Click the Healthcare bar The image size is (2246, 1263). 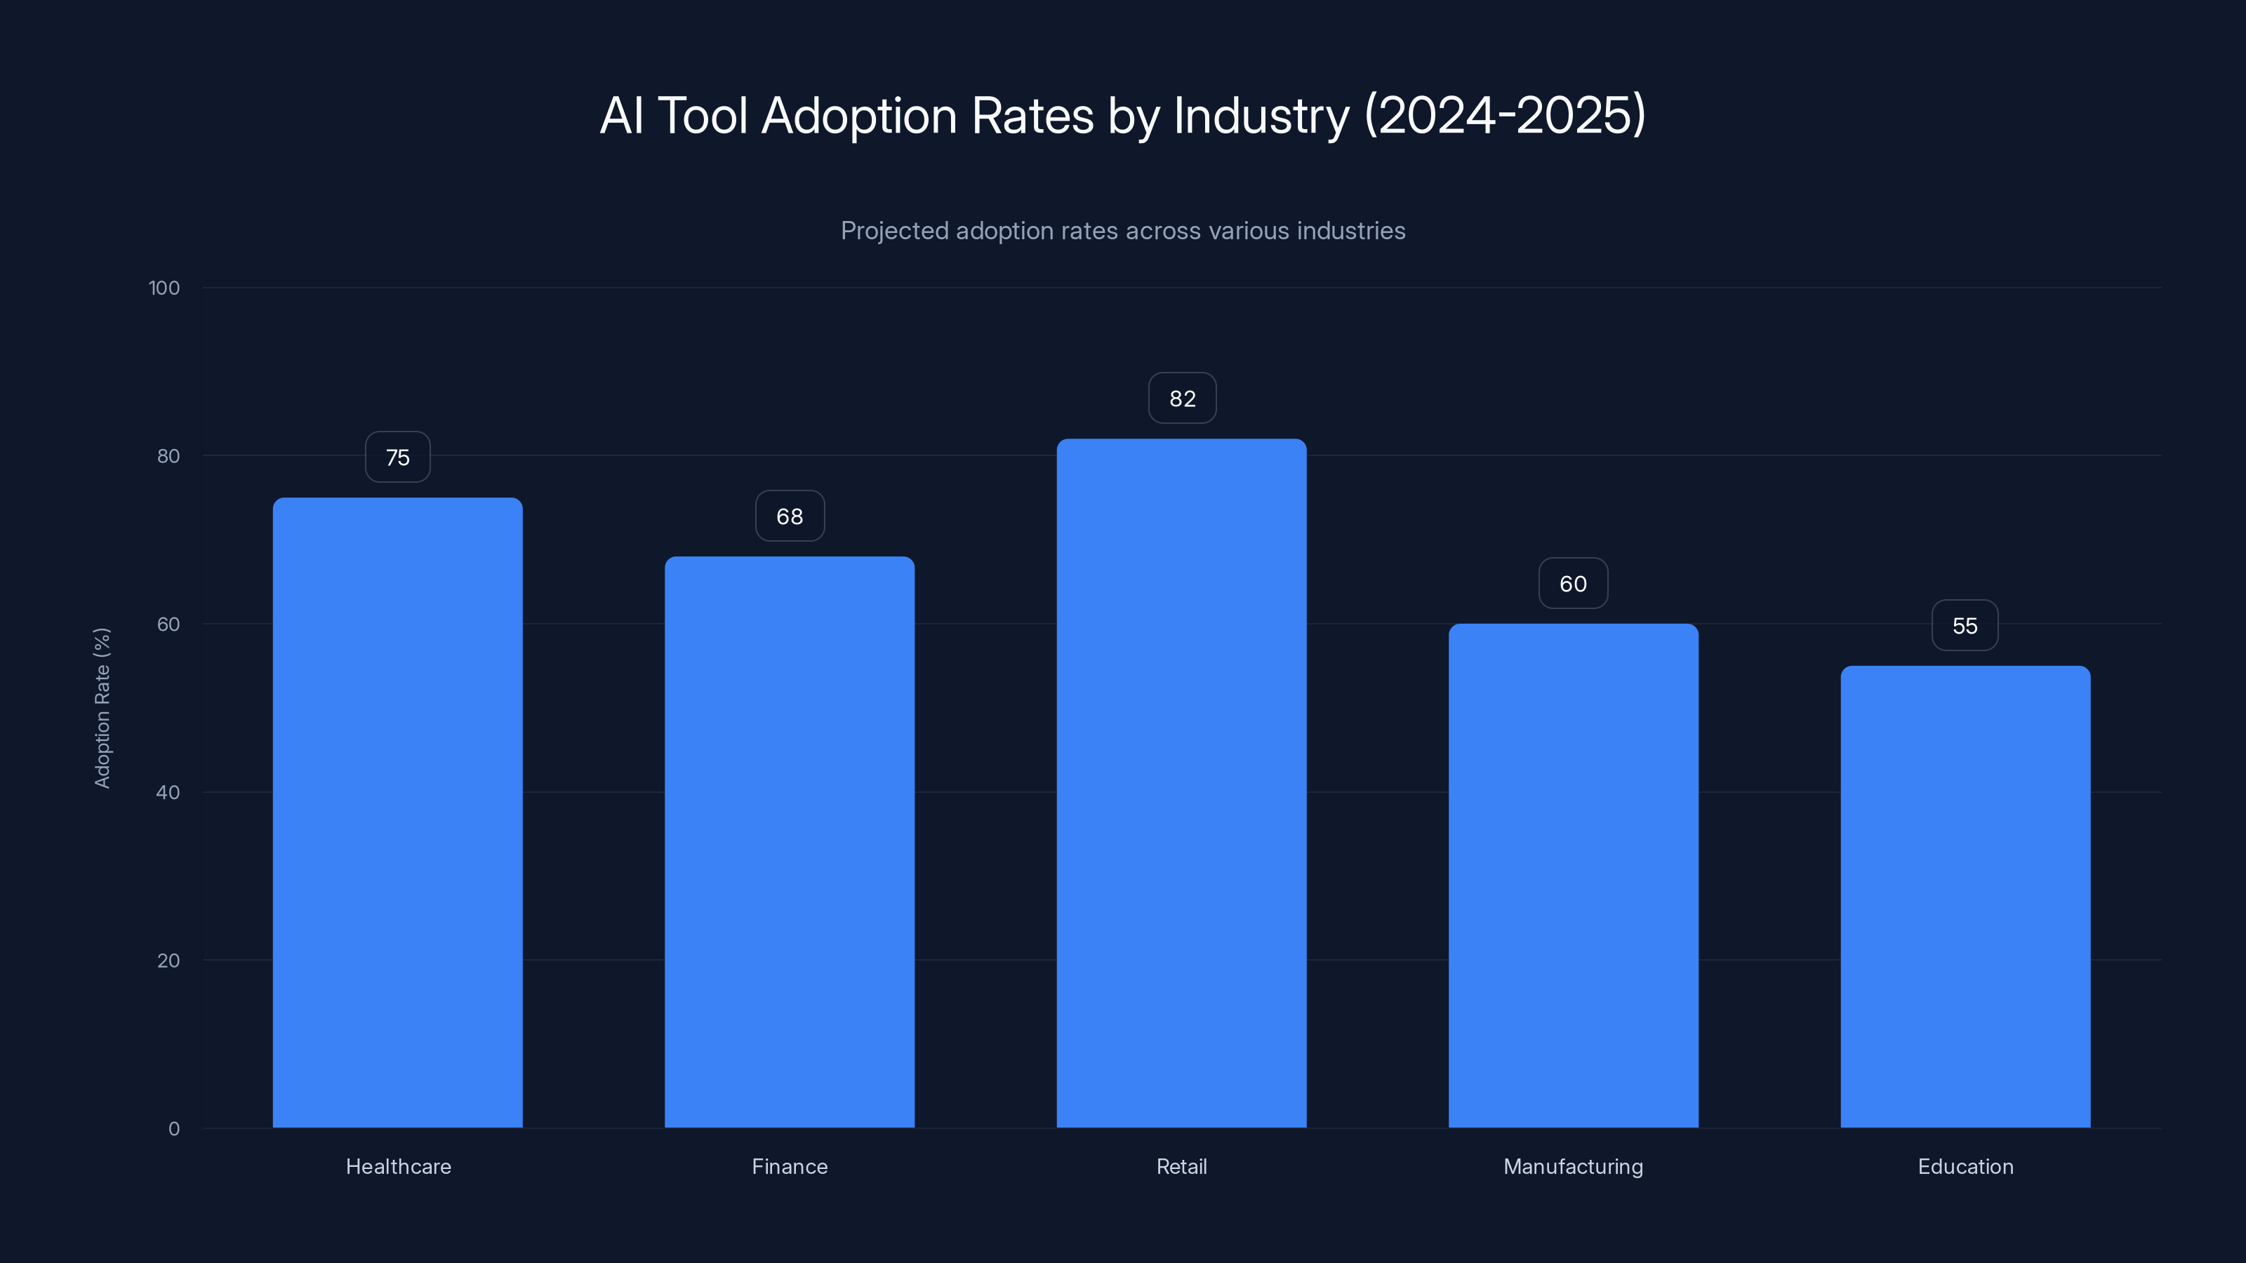pyautogui.click(x=397, y=813)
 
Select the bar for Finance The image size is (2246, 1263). pyautogui.click(x=789, y=842)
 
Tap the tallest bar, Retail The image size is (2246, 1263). pyautogui.click(x=1181, y=783)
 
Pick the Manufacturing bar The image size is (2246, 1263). pyautogui.click(x=1573, y=875)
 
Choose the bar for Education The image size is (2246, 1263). pyautogui.click(x=1965, y=896)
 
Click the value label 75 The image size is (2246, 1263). pyautogui.click(x=397, y=457)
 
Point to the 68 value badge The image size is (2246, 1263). pyautogui.click(x=789, y=516)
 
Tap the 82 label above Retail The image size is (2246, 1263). pyautogui.click(x=1181, y=399)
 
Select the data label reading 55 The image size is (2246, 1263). pyautogui.click(x=1965, y=626)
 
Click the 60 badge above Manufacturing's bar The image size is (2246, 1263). pyautogui.click(x=1573, y=583)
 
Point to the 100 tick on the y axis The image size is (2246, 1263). pyautogui.click(x=164, y=288)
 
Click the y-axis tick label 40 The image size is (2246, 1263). pyautogui.click(x=168, y=792)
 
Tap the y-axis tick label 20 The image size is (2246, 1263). pyautogui.click(x=168, y=961)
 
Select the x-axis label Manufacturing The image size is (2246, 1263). pyautogui.click(x=1573, y=1166)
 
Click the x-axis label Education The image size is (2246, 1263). pyautogui.click(x=1965, y=1166)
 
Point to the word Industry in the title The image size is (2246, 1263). pyautogui.click(x=1260, y=116)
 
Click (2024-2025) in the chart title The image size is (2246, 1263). pyautogui.click(x=1505, y=116)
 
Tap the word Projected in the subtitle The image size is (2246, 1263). pyautogui.click(x=893, y=231)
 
